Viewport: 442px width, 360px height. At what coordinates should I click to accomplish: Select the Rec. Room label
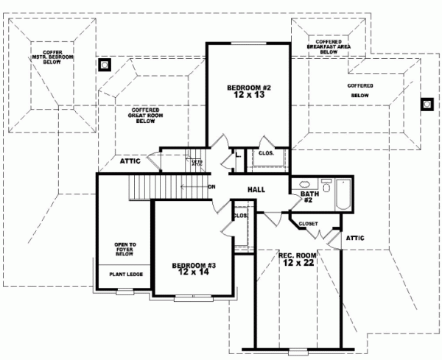[298, 260]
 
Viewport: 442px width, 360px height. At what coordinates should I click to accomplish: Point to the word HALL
[256, 190]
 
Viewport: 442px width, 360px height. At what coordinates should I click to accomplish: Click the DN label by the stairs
[211, 186]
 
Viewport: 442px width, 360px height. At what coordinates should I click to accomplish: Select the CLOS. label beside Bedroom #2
[267, 154]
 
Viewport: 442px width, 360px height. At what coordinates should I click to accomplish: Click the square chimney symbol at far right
[426, 104]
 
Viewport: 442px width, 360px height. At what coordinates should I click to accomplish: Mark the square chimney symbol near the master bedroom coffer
[105, 65]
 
